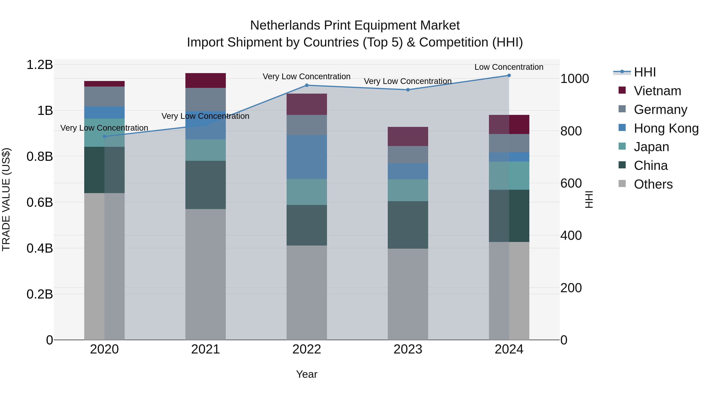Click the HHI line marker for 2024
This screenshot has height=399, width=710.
point(509,75)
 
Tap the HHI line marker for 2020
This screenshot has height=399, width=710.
point(105,137)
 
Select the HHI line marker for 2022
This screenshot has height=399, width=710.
point(307,85)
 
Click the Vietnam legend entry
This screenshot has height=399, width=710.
point(657,91)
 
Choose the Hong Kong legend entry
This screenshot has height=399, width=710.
point(666,128)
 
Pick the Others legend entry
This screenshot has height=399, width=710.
point(653,184)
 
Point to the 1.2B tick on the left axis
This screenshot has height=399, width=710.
point(40,65)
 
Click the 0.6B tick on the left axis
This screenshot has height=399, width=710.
point(40,202)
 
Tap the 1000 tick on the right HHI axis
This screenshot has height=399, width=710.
point(575,79)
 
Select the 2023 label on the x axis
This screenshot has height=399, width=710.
point(408,349)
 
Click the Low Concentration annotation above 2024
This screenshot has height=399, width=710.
point(509,67)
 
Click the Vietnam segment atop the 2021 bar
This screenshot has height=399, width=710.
point(206,80)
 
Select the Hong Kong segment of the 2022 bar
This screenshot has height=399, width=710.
point(307,157)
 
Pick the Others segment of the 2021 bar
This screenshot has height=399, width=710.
point(206,274)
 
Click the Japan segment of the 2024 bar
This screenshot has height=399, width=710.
point(509,176)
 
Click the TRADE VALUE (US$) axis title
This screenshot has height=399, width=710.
point(6,199)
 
